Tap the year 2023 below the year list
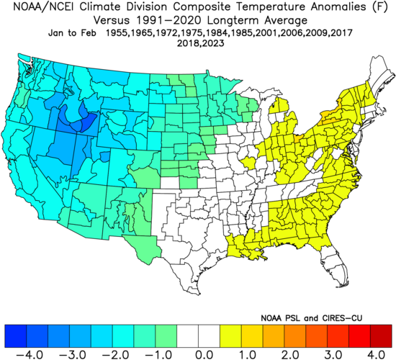coord(212,43)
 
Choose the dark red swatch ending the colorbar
coord(381,334)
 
